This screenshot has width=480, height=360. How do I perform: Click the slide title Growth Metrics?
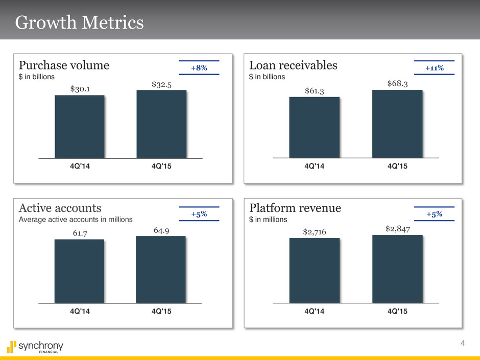pos(79,23)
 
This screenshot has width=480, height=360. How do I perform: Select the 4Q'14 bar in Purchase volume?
pos(80,127)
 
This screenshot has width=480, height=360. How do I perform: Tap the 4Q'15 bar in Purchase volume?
pos(161,124)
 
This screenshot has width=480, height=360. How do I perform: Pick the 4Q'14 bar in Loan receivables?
pos(314,127)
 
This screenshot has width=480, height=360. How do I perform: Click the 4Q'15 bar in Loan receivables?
pos(397,124)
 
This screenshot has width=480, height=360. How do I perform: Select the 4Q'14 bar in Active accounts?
pos(79,271)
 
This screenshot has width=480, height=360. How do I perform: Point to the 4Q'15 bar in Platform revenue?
pos(397,269)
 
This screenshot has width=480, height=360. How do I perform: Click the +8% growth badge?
pos(199,68)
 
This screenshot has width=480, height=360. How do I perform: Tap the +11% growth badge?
pos(434,68)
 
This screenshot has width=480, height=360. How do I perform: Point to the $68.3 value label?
pos(397,83)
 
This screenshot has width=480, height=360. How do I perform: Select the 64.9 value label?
pos(161,230)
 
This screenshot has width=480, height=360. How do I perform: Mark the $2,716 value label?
pos(314,232)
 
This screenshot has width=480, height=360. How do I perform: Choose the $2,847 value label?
pos(397,228)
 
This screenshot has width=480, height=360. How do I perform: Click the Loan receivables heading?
pos(293,65)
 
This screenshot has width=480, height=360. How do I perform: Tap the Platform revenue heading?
pos(295,208)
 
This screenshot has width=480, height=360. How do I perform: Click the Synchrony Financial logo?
pos(36,347)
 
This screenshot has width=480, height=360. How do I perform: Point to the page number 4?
pos(462,343)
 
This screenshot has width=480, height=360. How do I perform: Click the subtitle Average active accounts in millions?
pos(76,219)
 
